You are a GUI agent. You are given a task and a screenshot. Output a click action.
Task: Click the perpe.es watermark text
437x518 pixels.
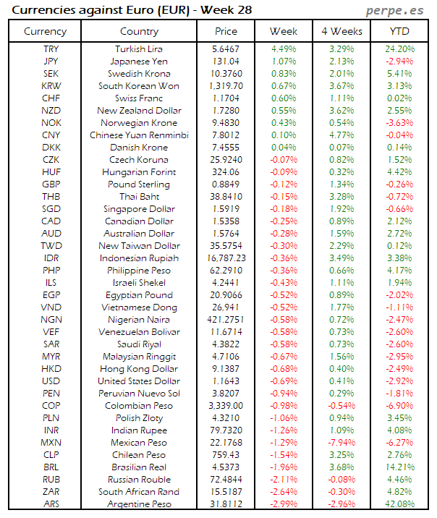pyautogui.click(x=396, y=10)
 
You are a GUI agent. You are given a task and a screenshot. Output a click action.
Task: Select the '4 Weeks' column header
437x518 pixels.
pyautogui.click(x=341, y=31)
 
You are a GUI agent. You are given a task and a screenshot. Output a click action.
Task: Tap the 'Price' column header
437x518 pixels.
pyautogui.click(x=226, y=31)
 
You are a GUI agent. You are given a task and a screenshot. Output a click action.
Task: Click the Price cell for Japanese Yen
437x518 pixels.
pyautogui.click(x=226, y=61)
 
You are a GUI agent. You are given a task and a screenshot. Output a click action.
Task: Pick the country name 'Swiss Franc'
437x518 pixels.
pyautogui.click(x=139, y=98)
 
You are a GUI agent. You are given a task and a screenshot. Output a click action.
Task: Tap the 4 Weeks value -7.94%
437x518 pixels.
pyautogui.click(x=341, y=443)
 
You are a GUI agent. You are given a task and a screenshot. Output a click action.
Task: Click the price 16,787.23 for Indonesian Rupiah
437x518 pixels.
pyautogui.click(x=226, y=258)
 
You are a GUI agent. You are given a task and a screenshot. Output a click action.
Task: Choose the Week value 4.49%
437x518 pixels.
pyautogui.click(x=284, y=49)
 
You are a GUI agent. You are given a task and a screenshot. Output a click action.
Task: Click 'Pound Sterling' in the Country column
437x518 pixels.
pyautogui.click(x=139, y=184)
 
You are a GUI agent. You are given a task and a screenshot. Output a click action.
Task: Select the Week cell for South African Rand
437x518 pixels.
pyautogui.click(x=284, y=492)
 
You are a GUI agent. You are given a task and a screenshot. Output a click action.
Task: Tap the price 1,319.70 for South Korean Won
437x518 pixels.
pyautogui.click(x=226, y=86)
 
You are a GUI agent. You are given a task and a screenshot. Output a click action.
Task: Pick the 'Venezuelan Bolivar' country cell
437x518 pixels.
pyautogui.click(x=139, y=332)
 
